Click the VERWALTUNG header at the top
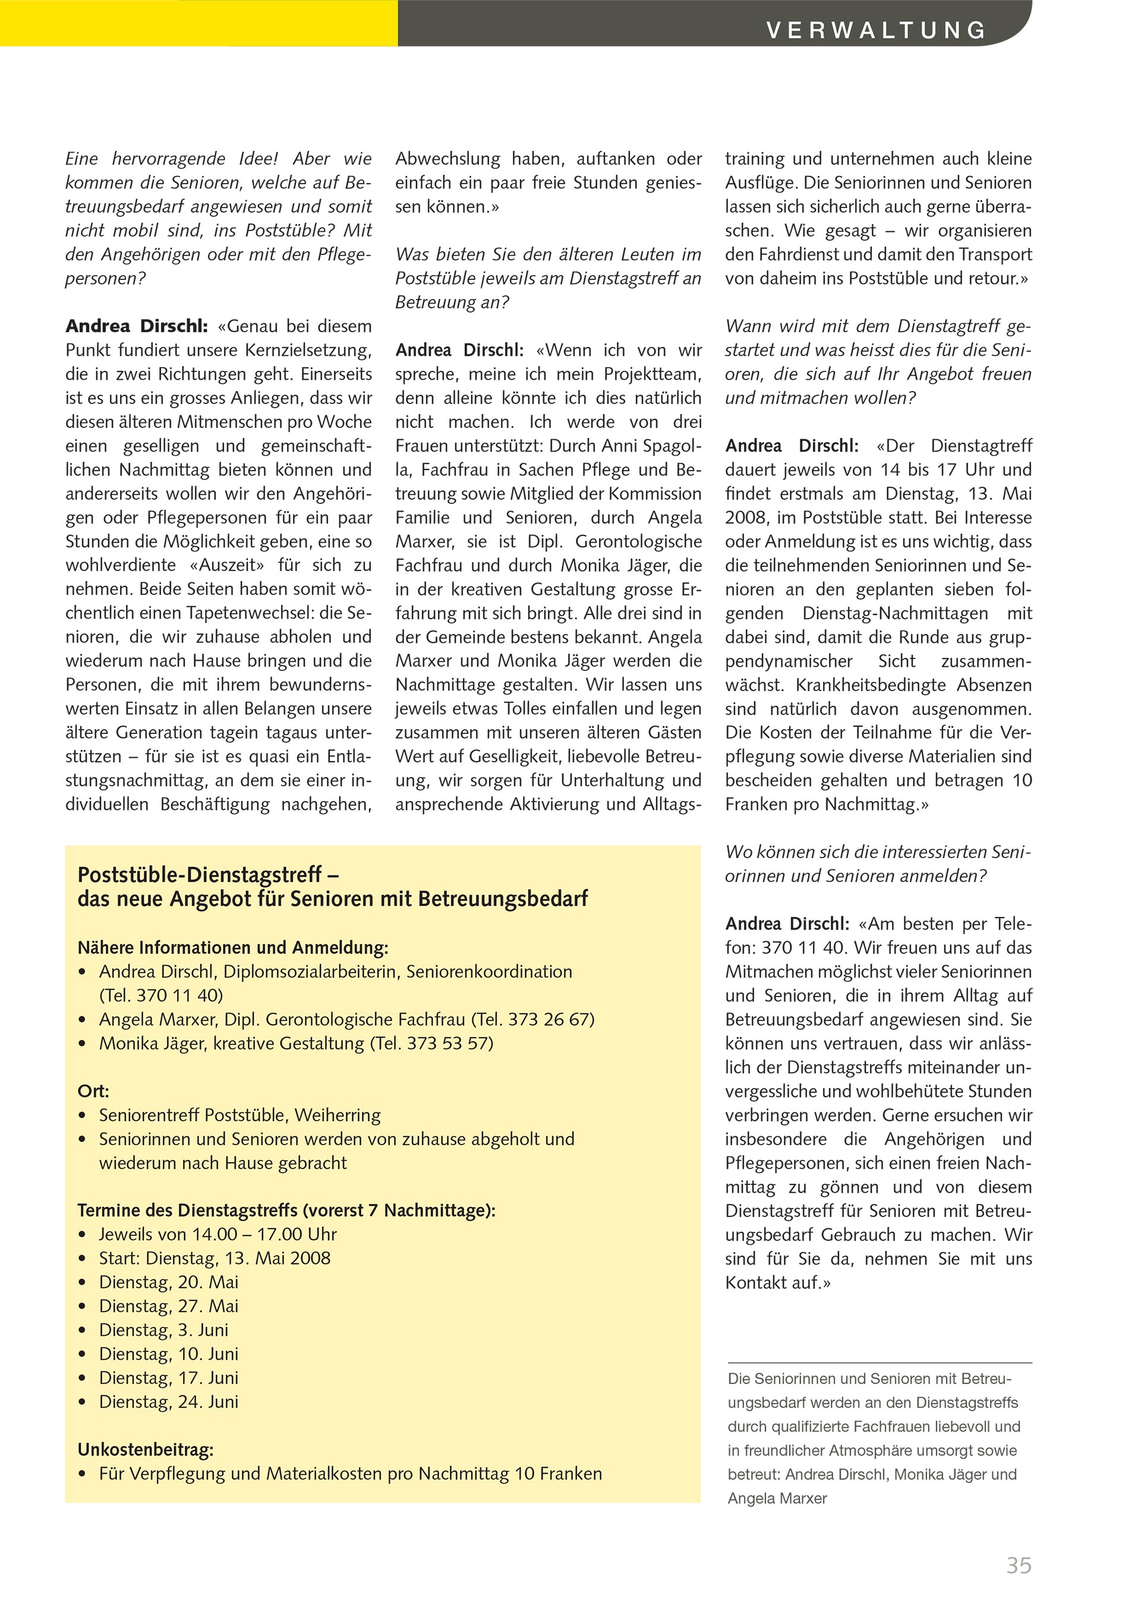click(x=876, y=30)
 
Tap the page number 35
click(x=1019, y=1565)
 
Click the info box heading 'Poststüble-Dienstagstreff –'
click(x=208, y=875)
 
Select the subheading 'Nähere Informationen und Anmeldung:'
click(x=233, y=948)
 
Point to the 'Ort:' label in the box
click(x=93, y=1091)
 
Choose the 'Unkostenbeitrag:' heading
click(x=146, y=1449)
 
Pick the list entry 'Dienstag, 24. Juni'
click(x=168, y=1402)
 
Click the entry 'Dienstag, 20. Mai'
click(x=168, y=1282)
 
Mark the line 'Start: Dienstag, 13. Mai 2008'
click(x=215, y=1258)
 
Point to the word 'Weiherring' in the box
click(x=338, y=1115)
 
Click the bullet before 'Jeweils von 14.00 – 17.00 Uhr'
click(x=83, y=1235)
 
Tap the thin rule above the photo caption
click(x=879, y=1363)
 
